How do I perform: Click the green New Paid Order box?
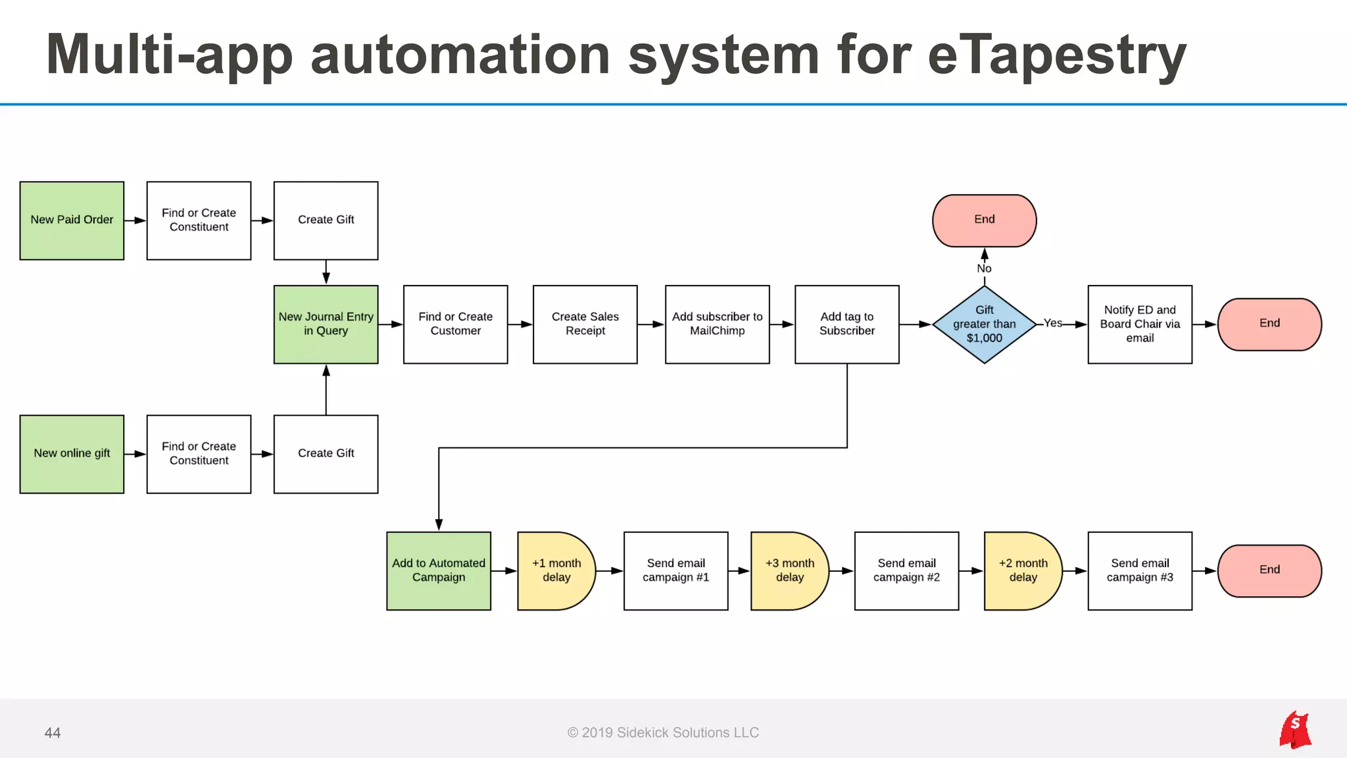point(72,220)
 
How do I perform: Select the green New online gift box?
point(72,454)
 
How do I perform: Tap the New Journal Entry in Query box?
point(326,324)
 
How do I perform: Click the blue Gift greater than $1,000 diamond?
point(984,324)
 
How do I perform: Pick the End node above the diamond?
point(984,220)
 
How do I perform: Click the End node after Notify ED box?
point(1269,324)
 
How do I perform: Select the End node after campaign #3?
point(1269,570)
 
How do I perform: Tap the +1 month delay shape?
point(556,570)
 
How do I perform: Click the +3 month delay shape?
point(789,570)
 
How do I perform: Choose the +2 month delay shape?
point(1023,570)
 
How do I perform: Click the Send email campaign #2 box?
point(906,570)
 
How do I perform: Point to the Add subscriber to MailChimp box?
point(717,324)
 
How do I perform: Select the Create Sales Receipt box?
point(585,324)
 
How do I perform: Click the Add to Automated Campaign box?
point(439,570)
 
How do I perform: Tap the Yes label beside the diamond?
point(1052,323)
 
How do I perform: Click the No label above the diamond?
point(984,268)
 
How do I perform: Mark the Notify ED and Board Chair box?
point(1140,324)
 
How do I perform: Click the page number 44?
point(53,733)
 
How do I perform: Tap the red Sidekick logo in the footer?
point(1294,730)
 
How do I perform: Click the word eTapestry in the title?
point(1056,56)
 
